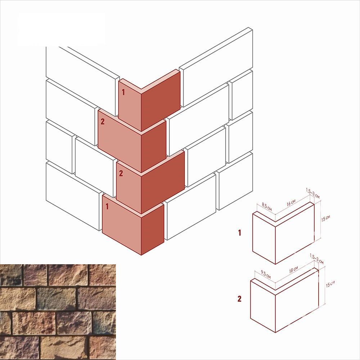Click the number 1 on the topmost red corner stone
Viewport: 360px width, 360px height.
tap(123, 92)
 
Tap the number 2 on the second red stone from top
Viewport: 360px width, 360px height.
tap(102, 121)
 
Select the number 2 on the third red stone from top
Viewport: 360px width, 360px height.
tap(121, 174)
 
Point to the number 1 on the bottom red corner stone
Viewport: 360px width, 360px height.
tap(107, 206)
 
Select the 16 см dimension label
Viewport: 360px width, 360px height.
tap(291, 202)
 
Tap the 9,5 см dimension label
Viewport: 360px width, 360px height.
tap(266, 274)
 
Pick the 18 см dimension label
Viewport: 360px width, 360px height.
tap(293, 270)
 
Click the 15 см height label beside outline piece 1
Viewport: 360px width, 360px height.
tap(325, 218)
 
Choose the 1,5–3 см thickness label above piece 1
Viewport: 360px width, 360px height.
tap(313, 193)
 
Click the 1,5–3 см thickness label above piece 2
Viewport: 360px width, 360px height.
tap(316, 258)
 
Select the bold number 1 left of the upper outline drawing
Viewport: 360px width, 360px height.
tap(240, 233)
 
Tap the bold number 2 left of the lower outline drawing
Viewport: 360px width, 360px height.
tap(239, 299)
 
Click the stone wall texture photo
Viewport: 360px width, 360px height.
tap(58, 312)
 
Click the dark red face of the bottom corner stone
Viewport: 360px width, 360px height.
tap(152, 230)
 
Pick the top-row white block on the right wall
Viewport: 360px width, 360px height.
tap(216, 67)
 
